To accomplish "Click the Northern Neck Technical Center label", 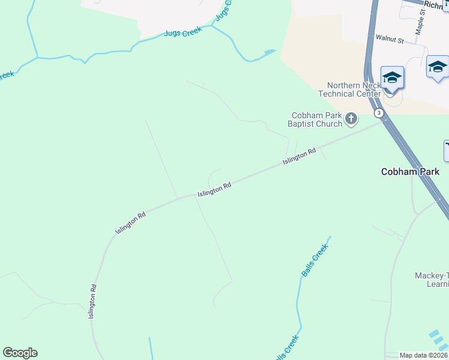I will click(x=349, y=89).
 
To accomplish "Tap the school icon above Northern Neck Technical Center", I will click(x=392, y=78).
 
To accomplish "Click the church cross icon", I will click(x=351, y=119).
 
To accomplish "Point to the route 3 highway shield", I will click(x=379, y=113).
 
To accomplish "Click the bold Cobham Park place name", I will click(x=410, y=172).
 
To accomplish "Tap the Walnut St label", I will click(x=390, y=38).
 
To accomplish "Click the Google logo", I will click(x=20, y=353).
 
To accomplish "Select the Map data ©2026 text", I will click(x=424, y=355).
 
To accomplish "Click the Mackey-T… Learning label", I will click(x=431, y=280).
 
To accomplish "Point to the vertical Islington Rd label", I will click(x=92, y=301).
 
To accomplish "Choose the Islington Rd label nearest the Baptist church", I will click(x=299, y=157).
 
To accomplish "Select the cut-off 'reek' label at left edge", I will click(x=6, y=76).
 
